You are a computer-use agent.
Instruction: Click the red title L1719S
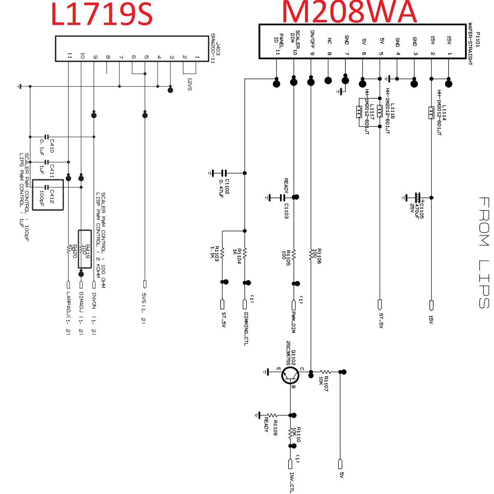pyautogui.click(x=102, y=14)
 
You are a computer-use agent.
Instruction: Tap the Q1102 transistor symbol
pyautogui.click(x=290, y=375)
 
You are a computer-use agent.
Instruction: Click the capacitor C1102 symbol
pyautogui.click(x=224, y=173)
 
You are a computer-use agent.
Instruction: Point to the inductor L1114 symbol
pyautogui.click(x=431, y=113)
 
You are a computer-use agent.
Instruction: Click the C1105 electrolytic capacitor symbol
pyautogui.click(x=418, y=198)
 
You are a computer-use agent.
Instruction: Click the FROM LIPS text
pyautogui.click(x=484, y=252)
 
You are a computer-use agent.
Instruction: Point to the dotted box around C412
pyautogui.click(x=48, y=195)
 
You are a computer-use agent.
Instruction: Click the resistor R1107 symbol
pyautogui.click(x=326, y=372)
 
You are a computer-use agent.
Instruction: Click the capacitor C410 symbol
pyautogui.click(x=46, y=137)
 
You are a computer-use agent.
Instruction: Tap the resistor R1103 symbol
pyautogui.click(x=222, y=253)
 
